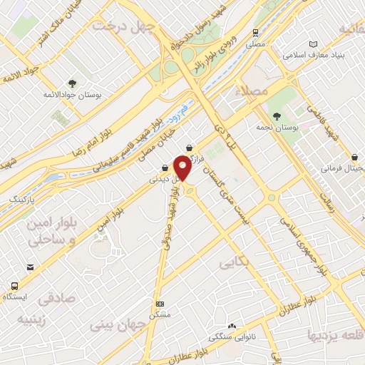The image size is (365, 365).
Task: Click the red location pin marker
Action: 183,168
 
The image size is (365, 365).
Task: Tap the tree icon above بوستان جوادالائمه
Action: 73,83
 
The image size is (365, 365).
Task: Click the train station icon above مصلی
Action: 255,33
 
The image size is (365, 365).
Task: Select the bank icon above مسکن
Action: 160,303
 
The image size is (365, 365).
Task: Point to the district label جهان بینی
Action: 118,324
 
